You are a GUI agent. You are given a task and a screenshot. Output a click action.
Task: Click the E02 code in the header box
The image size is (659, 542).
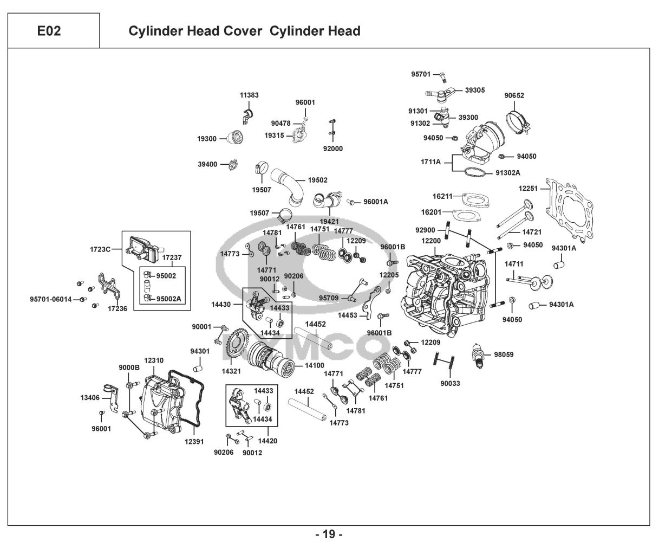[x=49, y=31]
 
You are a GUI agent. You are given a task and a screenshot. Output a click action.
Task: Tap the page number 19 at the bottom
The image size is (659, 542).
[x=329, y=534]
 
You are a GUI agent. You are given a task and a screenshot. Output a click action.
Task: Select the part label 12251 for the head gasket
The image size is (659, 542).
[x=528, y=188]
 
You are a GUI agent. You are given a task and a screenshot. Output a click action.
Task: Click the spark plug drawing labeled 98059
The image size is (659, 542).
[x=478, y=356]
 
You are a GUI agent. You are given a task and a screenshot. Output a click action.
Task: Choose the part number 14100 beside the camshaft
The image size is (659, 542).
[x=315, y=365]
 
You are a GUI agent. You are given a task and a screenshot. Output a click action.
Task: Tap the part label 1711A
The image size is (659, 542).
[x=430, y=162]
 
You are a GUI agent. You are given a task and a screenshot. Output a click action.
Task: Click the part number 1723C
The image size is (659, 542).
[x=100, y=249]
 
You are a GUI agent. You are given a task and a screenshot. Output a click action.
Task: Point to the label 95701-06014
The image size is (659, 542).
[x=50, y=299]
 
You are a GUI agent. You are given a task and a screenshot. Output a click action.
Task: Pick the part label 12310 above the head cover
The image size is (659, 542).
[x=154, y=360]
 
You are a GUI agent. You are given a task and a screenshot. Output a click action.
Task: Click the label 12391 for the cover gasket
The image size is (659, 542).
[x=194, y=442]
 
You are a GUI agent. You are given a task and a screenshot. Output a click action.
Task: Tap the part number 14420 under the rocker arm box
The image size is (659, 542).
[x=267, y=441]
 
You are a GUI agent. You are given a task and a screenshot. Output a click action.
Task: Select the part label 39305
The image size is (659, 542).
[x=475, y=90]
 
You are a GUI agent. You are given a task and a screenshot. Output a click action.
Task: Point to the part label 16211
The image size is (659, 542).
[x=442, y=196]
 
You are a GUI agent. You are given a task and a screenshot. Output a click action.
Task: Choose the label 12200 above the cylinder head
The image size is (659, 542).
[x=431, y=241]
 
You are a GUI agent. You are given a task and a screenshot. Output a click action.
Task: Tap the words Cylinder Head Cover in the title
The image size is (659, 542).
[x=195, y=31]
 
